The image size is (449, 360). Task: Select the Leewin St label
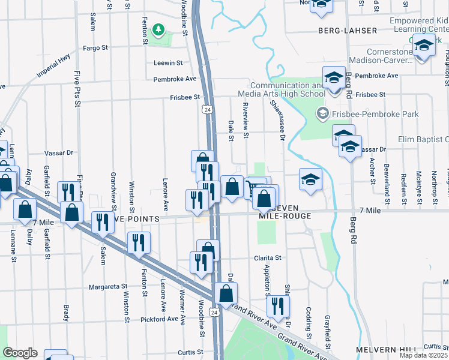point(167,63)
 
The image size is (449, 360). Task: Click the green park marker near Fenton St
point(158,29)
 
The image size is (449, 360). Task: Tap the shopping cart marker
point(256,187)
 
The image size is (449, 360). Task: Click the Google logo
point(20,353)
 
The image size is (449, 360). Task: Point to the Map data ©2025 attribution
point(424,355)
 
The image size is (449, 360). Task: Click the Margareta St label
point(108,287)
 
